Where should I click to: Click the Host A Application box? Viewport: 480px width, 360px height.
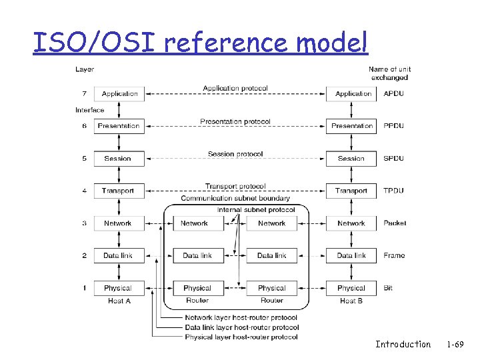pos(119,94)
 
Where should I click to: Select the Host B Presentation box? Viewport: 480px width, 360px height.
pos(351,126)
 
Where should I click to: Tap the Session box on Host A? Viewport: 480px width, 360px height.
pos(119,159)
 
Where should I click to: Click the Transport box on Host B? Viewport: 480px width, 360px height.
pos(351,191)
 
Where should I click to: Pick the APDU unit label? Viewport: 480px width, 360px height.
pos(393,94)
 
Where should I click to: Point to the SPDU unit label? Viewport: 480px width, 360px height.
pos(393,159)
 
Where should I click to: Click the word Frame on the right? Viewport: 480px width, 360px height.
pos(394,255)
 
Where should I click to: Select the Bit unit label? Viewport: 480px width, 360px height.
pos(388,288)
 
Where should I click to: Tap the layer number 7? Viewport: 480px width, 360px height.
pos(84,94)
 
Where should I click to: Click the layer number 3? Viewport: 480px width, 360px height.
pos(84,223)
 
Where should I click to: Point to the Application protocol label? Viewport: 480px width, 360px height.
pos(235,89)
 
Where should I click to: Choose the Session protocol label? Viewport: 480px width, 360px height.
pos(235,154)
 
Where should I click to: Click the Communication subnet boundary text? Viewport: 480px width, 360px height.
pos(235,198)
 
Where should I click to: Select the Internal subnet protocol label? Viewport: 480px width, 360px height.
pos(256,209)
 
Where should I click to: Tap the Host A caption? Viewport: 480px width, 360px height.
pos(119,301)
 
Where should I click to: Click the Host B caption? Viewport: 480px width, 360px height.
pos(351,301)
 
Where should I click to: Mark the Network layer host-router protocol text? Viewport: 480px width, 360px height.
pos(241,318)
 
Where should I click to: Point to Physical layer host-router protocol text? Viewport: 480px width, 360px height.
pos(241,337)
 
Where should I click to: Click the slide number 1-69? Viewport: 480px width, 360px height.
pos(455,345)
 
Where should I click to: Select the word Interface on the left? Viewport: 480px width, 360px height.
pos(90,110)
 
